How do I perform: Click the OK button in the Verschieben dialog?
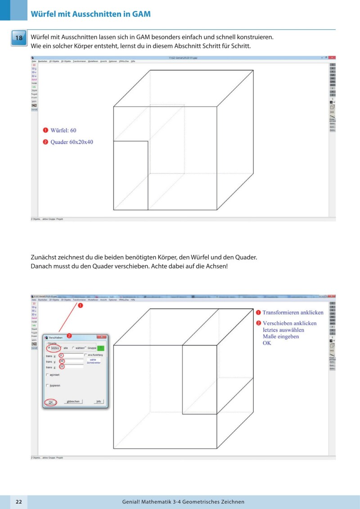click(x=50, y=401)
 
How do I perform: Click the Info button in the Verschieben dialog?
click(x=98, y=401)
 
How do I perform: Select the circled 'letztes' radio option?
click(x=54, y=347)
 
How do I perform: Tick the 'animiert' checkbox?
click(x=48, y=374)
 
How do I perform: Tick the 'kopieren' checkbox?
click(x=48, y=385)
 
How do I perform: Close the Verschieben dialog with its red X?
click(x=103, y=337)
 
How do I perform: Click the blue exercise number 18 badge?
click(x=19, y=38)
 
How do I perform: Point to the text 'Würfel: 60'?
click(x=63, y=131)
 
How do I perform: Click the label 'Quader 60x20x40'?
click(x=72, y=142)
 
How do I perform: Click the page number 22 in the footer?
click(x=19, y=502)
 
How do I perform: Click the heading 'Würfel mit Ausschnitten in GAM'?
click(x=90, y=14)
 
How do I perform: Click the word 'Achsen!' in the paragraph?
click(x=216, y=266)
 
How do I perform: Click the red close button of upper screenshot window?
click(x=332, y=58)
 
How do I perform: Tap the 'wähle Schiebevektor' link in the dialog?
click(x=93, y=361)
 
